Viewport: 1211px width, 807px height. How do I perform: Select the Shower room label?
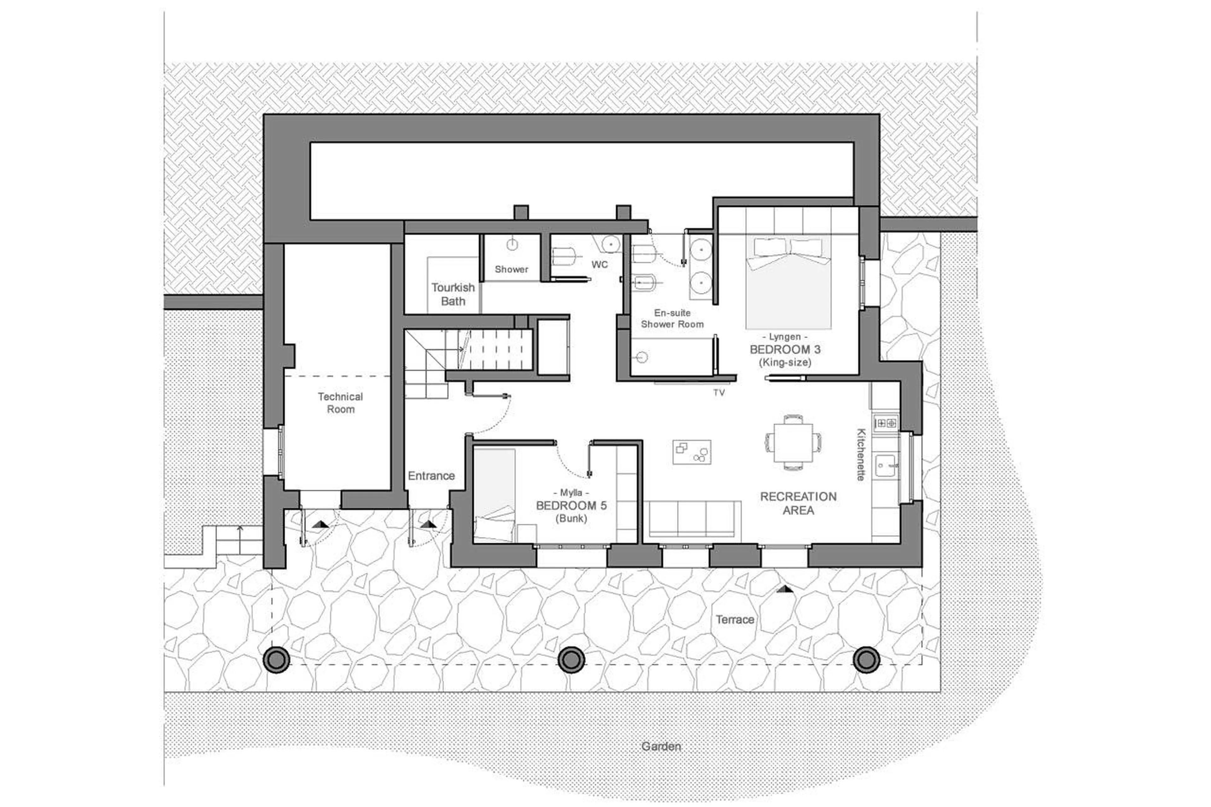click(x=511, y=269)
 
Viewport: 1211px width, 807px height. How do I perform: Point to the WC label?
click(x=599, y=265)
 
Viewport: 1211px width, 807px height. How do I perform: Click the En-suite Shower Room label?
click(x=672, y=319)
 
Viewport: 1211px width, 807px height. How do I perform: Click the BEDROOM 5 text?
click(x=571, y=506)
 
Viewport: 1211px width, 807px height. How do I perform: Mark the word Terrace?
click(x=734, y=620)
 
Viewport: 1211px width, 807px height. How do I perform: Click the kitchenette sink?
click(x=886, y=466)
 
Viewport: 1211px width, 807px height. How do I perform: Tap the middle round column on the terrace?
click(x=571, y=659)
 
